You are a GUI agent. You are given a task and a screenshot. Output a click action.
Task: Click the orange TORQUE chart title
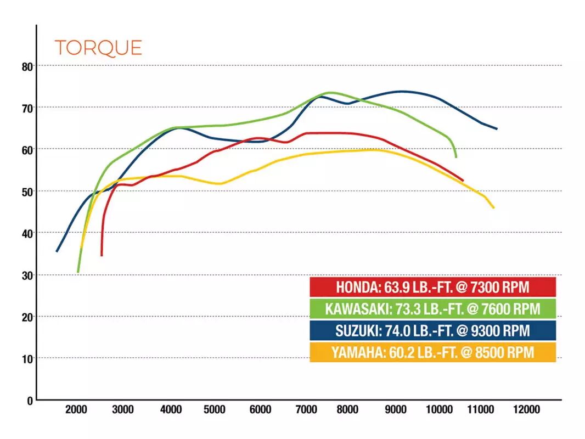tap(98, 48)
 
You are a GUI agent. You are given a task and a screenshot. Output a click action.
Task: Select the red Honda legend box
tap(432, 287)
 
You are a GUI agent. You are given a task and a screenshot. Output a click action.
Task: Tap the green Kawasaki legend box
tap(432, 308)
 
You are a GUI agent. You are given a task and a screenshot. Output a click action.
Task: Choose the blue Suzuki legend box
tap(432, 330)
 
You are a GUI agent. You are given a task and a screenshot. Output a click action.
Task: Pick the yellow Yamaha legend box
tap(432, 352)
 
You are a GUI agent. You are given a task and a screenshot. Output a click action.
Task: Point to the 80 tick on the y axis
tap(26, 66)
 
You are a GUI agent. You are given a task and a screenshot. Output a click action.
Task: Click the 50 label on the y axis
tap(26, 192)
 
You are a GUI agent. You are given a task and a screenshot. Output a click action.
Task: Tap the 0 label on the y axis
tap(30, 401)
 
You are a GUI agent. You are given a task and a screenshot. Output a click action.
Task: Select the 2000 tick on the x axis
tap(76, 410)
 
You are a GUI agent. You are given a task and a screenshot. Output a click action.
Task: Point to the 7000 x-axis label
tap(306, 410)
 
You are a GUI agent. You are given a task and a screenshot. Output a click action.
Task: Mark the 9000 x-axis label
tap(396, 410)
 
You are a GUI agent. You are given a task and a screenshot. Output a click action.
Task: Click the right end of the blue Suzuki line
tap(497, 129)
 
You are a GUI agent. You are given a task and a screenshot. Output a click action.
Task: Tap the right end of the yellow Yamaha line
tap(494, 207)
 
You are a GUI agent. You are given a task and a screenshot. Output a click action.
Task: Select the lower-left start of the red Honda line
tap(102, 255)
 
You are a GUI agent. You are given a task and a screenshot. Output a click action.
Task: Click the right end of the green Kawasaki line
tap(456, 157)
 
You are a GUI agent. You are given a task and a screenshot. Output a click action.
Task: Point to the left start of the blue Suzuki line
tap(57, 251)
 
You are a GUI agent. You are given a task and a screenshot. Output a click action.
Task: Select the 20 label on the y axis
tap(26, 317)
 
